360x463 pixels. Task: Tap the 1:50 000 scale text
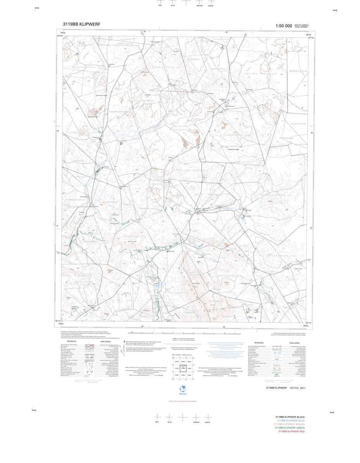284,26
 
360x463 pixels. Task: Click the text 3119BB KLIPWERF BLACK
290,417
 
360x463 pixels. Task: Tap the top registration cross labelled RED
160,2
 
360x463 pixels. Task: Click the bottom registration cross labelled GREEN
207,417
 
